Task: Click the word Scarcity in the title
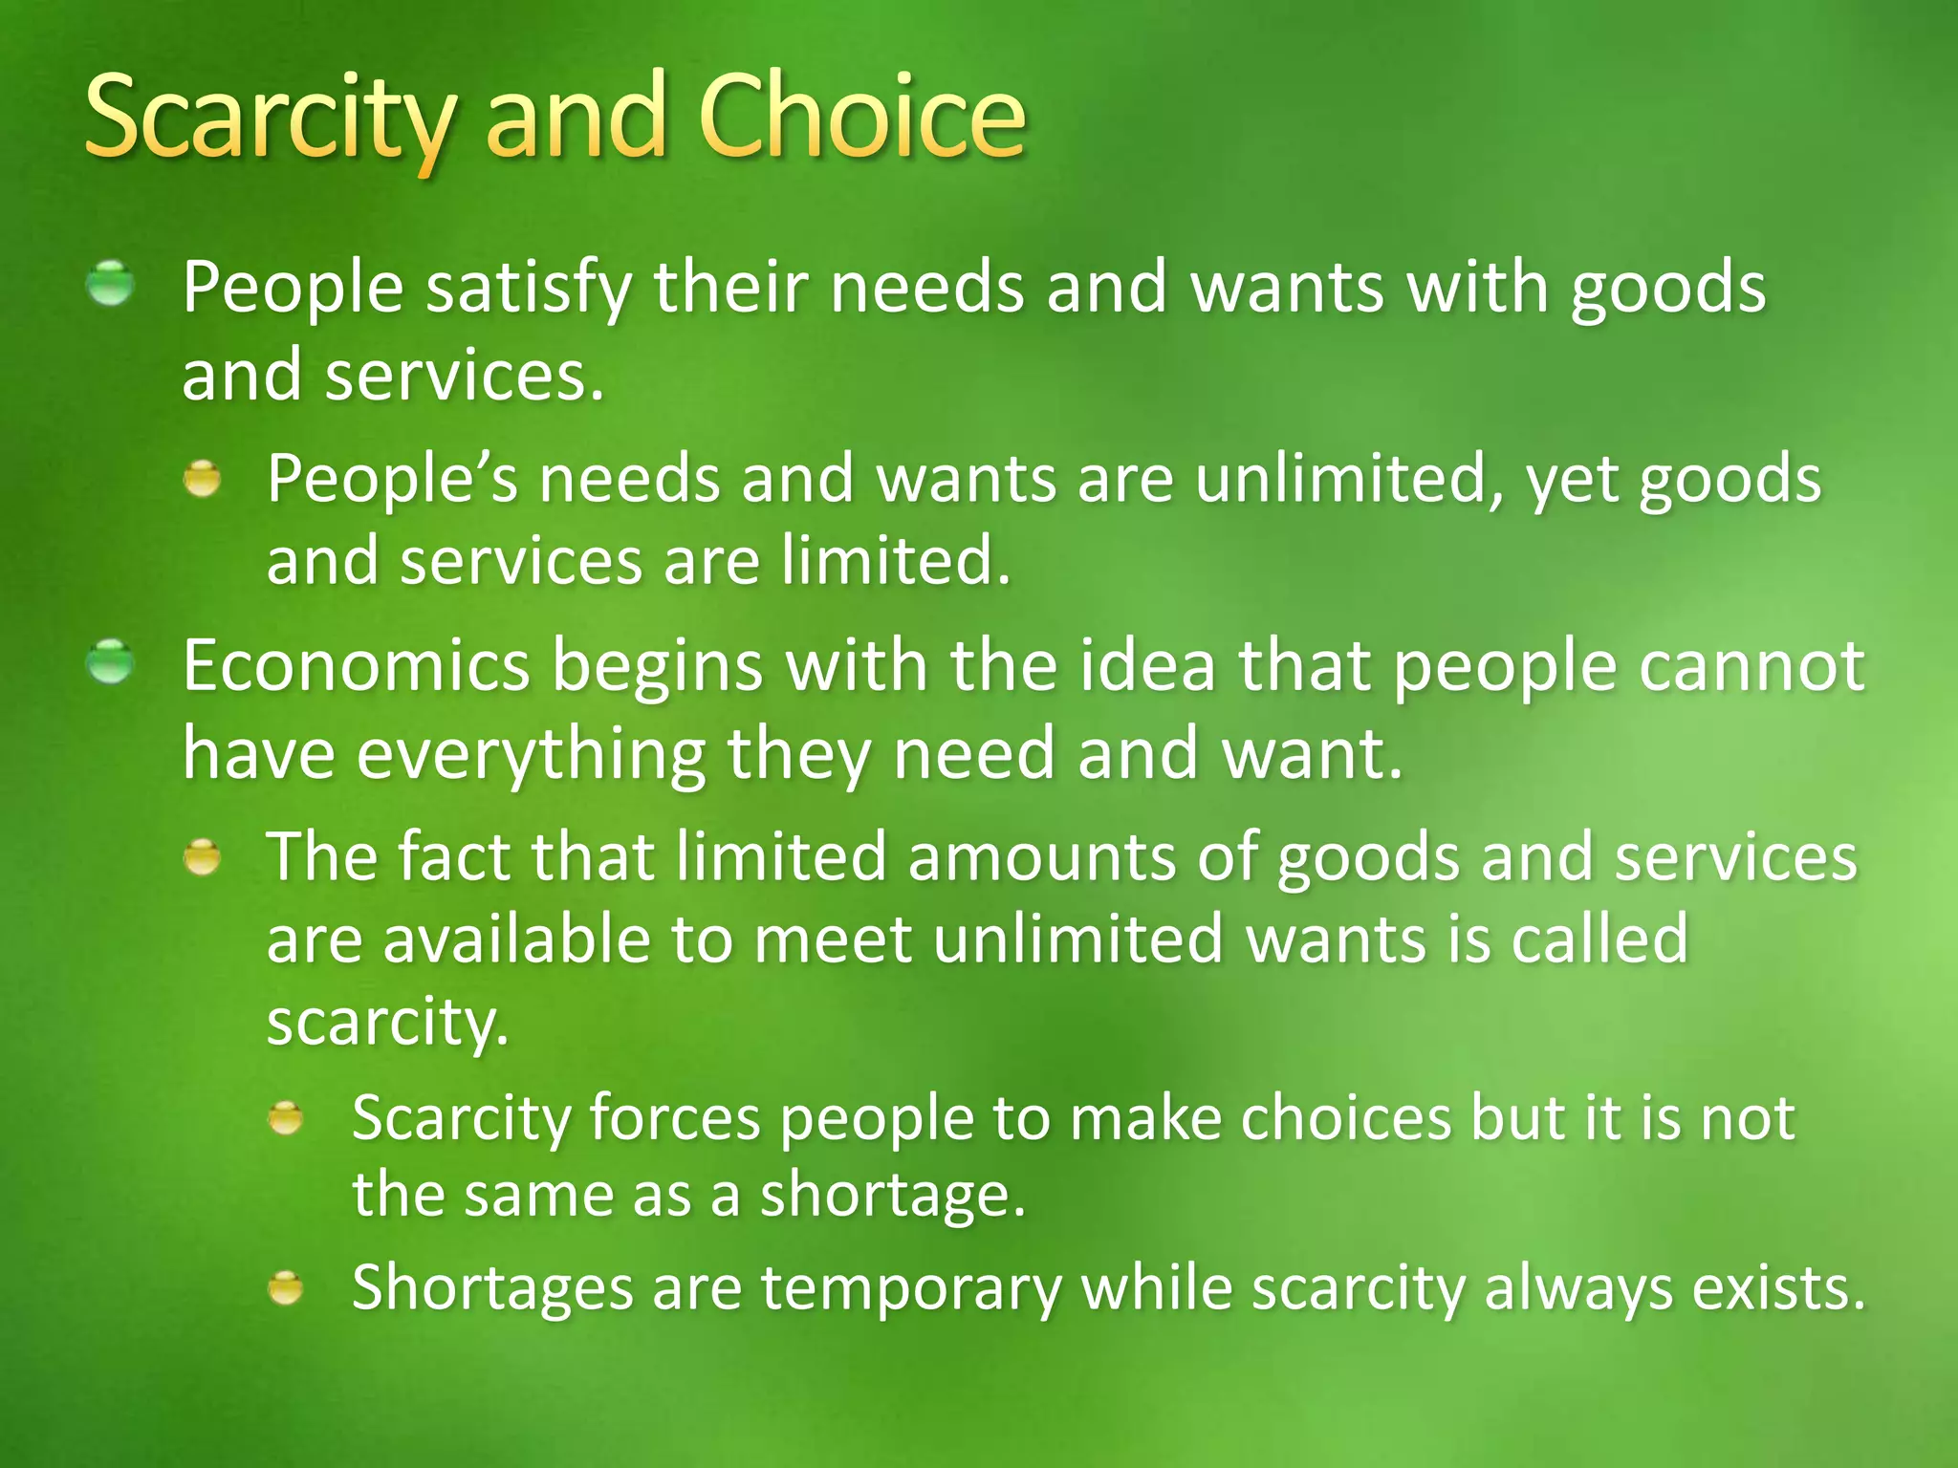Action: tap(269, 119)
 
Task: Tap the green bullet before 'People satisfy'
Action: tap(111, 284)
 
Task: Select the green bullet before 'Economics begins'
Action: tap(111, 662)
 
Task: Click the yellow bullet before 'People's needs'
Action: tap(203, 478)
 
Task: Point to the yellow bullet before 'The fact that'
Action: tap(203, 857)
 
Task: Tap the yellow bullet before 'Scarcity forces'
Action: tap(286, 1117)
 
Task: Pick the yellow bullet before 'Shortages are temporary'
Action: tap(286, 1287)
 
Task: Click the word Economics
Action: tap(356, 665)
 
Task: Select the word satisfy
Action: tap(529, 288)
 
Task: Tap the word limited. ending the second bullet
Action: tap(896, 560)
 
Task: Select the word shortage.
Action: tap(892, 1195)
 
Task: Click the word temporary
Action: tap(911, 1288)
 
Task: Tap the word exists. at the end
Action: tap(1778, 1287)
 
